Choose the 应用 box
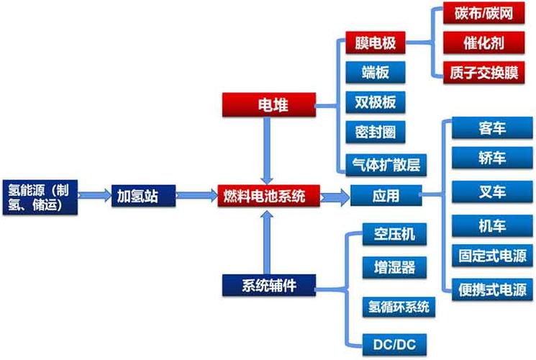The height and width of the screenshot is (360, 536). click(386, 195)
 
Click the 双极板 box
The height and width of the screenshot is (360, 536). click(375, 102)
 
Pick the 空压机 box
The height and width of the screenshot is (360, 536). click(389, 234)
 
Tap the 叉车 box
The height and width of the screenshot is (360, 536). click(492, 192)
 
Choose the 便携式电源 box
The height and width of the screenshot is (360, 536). click(492, 290)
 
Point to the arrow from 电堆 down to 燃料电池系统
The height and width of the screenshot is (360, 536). click(268, 149)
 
